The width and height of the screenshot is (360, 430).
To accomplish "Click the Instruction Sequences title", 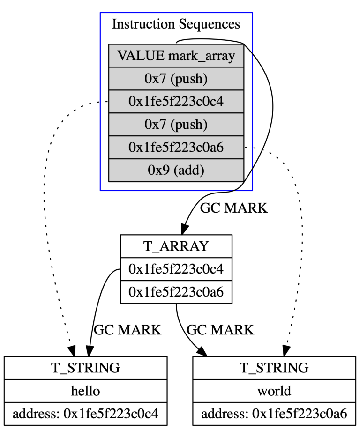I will coord(176,24).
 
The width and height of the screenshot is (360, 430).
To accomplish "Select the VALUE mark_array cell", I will coord(176,56).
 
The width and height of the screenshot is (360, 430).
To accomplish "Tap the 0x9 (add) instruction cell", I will coord(176,170).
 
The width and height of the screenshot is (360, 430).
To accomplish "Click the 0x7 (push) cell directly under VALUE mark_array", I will coord(176,79).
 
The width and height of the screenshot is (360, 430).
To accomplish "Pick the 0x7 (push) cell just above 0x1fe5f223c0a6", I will coord(176,125).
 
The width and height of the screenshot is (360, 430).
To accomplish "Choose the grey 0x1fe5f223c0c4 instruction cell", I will coord(176,102).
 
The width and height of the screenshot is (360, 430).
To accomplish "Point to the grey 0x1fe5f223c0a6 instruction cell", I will coord(176,148).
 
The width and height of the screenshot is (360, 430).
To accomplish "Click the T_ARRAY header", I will coord(176,246).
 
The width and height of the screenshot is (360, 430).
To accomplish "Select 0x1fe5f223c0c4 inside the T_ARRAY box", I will coord(176,269).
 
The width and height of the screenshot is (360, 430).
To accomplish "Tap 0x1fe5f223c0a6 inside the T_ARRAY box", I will coord(176,292).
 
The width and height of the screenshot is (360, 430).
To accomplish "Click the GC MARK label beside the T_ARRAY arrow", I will coord(233,208).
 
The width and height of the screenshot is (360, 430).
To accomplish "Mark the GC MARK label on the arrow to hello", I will coord(127,330).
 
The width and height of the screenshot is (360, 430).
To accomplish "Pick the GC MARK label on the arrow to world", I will coord(220,330).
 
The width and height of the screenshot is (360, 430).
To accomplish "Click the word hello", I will coord(85,391).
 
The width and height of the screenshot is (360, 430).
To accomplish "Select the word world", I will coord(275,391).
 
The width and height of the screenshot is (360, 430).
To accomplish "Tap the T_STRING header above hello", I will coord(85,368).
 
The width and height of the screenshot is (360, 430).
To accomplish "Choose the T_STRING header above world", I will coord(275,368).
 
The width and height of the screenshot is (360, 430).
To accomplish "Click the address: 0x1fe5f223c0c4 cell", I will coord(85,414).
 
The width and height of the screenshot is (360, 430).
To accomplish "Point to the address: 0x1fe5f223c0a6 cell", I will coord(275,414).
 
